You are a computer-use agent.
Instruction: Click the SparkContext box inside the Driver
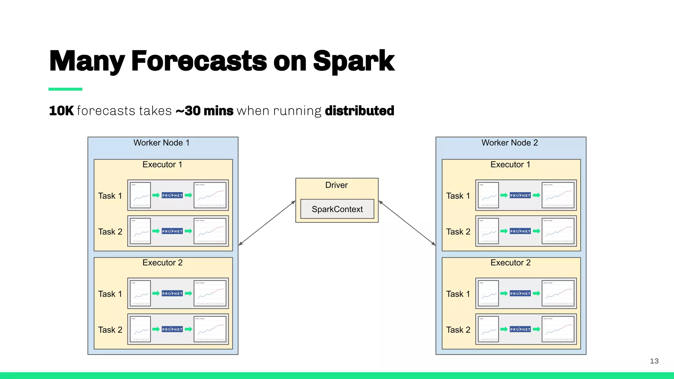pos(337,209)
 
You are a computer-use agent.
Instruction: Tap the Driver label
pos(336,185)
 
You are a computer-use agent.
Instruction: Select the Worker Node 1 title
pos(161,143)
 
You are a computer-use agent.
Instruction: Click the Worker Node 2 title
pos(509,143)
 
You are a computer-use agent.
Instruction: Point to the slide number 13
pos(654,361)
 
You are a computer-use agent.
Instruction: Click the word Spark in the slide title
pos(353,61)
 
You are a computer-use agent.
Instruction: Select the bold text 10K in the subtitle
pos(61,111)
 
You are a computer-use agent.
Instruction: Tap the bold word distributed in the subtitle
pos(359,111)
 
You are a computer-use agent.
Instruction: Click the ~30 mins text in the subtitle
pos(204,111)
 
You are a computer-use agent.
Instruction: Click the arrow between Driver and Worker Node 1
pos(267,223)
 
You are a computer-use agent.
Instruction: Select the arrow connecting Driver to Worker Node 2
pos(407,223)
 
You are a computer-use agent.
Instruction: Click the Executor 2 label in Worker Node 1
pos(162,263)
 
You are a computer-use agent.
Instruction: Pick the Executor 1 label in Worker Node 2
pos(510,164)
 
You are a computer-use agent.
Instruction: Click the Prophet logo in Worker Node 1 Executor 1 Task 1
pos(172,195)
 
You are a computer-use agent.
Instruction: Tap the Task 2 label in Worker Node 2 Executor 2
pos(458,330)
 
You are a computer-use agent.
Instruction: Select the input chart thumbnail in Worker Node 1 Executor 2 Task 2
pos(140,329)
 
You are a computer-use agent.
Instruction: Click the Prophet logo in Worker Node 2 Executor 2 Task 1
pos(520,293)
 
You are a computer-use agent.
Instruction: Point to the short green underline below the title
pos(65,89)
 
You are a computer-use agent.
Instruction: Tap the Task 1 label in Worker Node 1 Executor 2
pos(110,294)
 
